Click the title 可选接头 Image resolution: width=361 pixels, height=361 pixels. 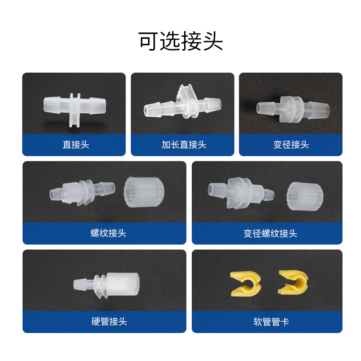pos(180,41)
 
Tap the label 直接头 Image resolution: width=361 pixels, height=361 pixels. pos(76,144)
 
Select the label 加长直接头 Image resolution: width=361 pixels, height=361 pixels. pos(184,144)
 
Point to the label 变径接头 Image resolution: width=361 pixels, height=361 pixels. pos(291,144)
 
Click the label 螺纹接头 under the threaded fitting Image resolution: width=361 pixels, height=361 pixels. pos(108,233)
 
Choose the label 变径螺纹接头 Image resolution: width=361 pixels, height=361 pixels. pos(270,233)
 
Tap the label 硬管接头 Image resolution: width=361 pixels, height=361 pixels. pos(109,321)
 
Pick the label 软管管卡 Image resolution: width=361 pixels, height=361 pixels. pos(271,322)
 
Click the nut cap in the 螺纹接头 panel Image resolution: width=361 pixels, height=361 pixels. pos(144,192)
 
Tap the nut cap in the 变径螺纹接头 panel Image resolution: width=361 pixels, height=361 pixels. pos(305,195)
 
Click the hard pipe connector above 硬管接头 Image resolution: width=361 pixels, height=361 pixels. pos(106,285)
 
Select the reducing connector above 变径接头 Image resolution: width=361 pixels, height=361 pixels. pos(293,109)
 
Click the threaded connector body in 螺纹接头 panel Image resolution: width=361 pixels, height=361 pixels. pos(82,192)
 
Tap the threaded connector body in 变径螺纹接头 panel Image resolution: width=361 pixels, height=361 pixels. pos(241,193)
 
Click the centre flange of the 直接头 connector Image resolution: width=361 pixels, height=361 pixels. pos(75,110)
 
